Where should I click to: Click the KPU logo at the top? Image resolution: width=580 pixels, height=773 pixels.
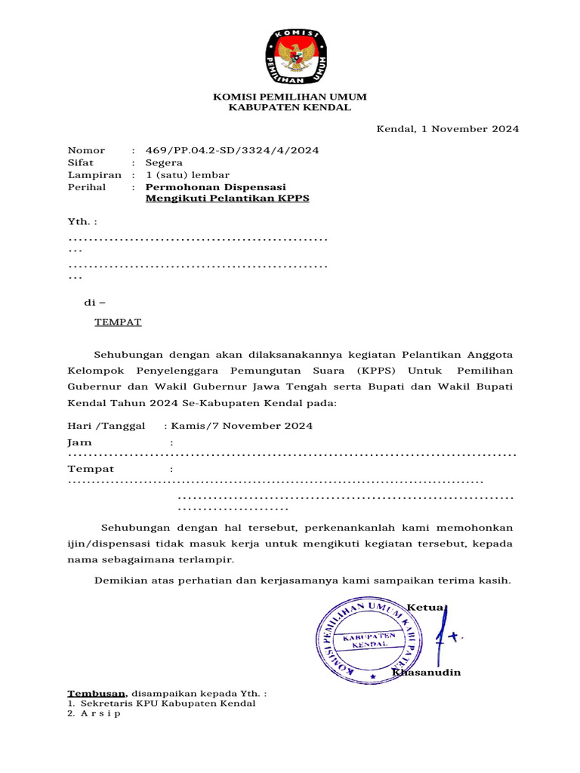[296, 57]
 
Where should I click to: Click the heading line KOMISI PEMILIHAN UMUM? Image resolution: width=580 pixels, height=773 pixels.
[289, 97]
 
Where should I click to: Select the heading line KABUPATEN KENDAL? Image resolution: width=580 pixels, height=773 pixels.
[289, 108]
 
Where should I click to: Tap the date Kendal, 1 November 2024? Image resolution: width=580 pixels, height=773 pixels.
[448, 129]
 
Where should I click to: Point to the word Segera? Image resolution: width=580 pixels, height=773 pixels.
[164, 162]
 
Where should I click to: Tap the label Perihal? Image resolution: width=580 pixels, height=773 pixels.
[87, 186]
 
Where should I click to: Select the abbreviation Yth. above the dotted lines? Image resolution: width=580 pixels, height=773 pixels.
[79, 222]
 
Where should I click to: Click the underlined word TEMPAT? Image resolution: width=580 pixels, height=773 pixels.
[118, 322]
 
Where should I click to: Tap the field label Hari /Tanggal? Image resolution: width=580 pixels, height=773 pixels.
[106, 426]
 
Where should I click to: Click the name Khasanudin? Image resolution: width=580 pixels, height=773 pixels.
[427, 673]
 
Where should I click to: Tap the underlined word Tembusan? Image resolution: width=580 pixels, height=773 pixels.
[96, 693]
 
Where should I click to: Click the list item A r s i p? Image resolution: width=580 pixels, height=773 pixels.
[100, 713]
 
